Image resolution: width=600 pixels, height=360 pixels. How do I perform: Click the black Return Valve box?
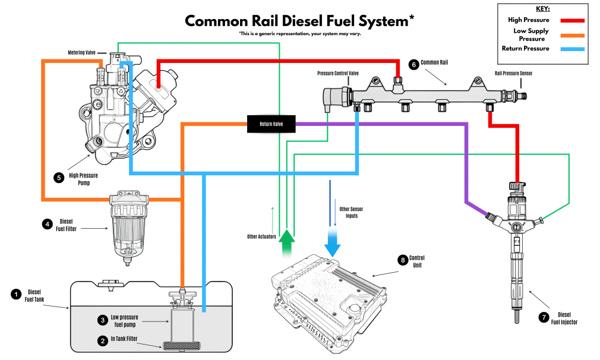271,124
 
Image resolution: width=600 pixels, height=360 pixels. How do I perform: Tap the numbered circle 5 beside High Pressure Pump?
58,177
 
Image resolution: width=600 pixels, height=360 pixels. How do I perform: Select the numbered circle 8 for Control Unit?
403,260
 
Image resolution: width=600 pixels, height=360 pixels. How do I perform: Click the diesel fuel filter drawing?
128,226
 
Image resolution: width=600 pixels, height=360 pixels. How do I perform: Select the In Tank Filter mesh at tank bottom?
182,345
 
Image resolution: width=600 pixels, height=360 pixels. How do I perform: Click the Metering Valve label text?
81,52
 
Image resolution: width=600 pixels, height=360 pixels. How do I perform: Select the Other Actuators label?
262,236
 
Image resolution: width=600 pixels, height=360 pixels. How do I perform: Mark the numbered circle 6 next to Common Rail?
412,63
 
